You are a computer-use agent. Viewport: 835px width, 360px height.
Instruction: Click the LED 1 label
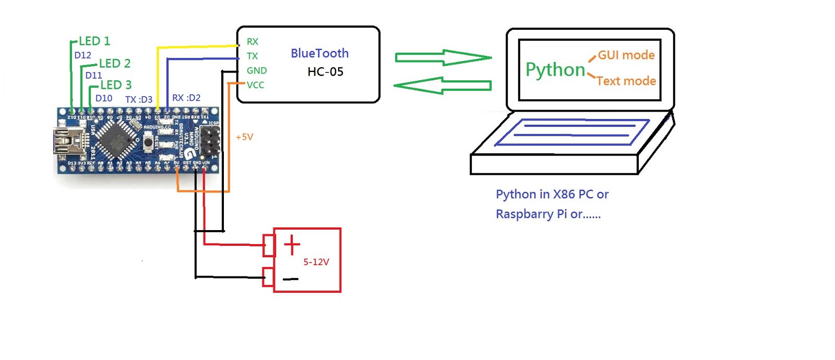tap(94, 41)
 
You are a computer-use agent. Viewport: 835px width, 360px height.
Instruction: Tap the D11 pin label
tap(93, 75)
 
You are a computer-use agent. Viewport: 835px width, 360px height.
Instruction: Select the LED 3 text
tap(116, 85)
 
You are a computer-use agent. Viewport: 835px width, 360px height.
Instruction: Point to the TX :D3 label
tap(139, 99)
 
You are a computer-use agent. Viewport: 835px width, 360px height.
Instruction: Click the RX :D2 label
tap(186, 98)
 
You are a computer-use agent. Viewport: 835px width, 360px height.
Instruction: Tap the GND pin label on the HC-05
tap(257, 70)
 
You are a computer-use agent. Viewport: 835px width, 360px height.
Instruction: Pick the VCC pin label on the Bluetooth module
tap(255, 85)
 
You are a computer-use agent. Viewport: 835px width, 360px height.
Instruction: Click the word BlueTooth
tap(319, 53)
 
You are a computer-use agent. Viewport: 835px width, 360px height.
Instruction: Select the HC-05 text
tap(325, 72)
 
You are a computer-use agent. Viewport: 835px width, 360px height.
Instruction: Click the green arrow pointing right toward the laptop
tap(444, 57)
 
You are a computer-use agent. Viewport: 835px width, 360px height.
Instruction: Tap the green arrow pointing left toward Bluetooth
tap(443, 86)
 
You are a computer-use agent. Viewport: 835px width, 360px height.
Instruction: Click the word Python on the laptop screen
tap(555, 70)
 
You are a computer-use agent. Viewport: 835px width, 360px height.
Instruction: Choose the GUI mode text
tap(626, 55)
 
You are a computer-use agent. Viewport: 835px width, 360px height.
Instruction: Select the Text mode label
tap(626, 81)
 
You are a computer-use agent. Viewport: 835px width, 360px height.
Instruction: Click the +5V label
tap(244, 137)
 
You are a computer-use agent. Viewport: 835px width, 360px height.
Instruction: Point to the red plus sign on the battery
tap(292, 244)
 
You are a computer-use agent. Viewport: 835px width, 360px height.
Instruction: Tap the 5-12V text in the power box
tap(316, 262)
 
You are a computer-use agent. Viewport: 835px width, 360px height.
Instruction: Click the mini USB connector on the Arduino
tap(65, 141)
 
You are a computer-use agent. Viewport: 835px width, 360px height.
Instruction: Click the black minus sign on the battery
tap(291, 279)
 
